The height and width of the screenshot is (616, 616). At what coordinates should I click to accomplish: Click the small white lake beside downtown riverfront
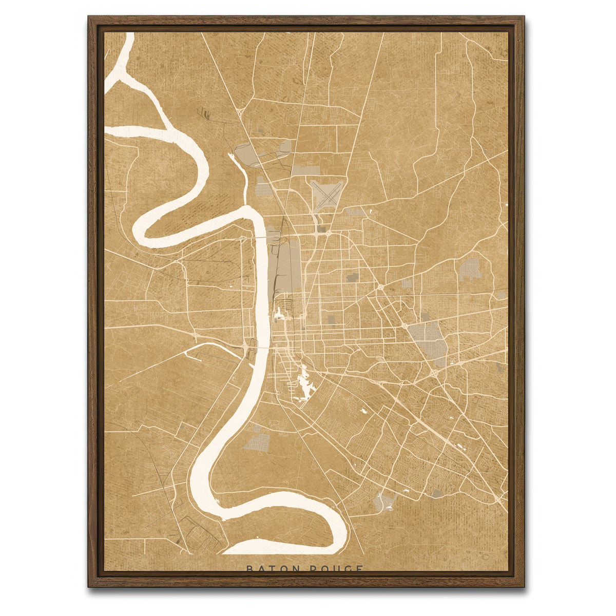[x=279, y=314]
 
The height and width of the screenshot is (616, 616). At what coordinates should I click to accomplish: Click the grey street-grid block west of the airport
[x=264, y=186]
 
